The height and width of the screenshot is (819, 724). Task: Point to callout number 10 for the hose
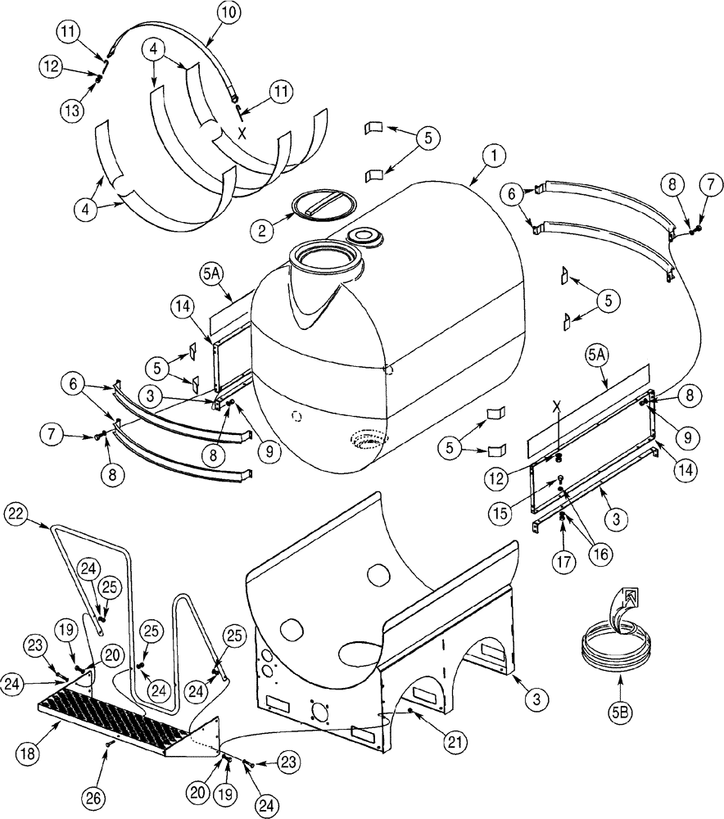point(229,12)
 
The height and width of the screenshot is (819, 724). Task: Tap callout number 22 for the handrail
point(17,514)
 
